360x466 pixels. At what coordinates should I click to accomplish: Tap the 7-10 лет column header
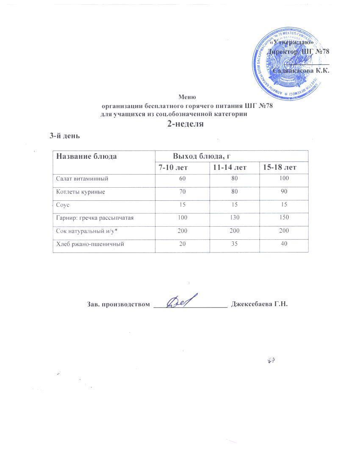coord(173,168)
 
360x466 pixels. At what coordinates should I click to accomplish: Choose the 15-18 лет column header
coord(280,168)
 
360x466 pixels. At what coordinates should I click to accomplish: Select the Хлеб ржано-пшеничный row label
coord(90,244)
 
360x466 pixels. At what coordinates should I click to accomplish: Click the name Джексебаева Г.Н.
coord(259,304)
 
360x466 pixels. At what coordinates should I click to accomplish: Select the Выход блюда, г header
coord(201,156)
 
